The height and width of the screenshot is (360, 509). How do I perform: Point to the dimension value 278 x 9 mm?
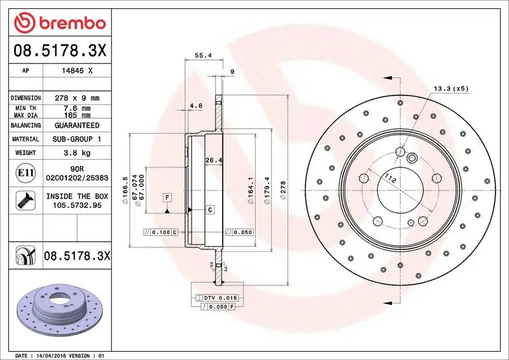(77, 98)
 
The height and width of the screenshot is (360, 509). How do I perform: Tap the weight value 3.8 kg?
(77, 153)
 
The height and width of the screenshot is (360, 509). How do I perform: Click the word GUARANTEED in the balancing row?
(77, 125)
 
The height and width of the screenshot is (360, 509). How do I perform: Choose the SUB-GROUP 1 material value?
(77, 139)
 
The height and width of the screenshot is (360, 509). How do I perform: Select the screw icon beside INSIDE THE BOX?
(22, 200)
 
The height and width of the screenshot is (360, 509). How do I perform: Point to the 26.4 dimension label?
(213, 160)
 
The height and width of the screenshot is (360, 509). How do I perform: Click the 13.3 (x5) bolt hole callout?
(451, 88)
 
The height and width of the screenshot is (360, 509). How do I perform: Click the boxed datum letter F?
(167, 197)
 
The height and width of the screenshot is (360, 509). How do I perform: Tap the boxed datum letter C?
(209, 209)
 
